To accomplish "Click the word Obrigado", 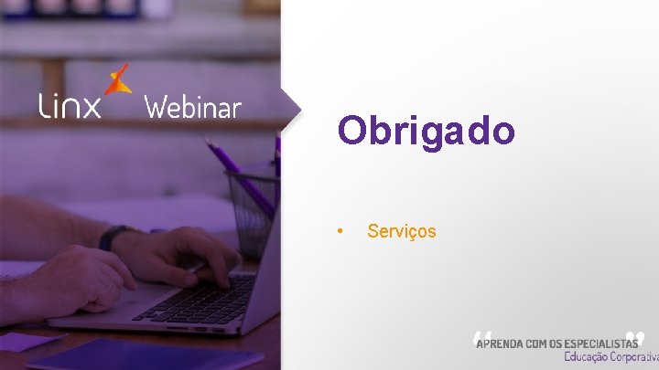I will click(426, 131).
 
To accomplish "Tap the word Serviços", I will click(402, 231).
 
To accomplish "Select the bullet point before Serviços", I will click(340, 231).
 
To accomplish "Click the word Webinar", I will click(192, 108).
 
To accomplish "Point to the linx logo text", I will click(70, 107).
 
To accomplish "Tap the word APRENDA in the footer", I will click(501, 343).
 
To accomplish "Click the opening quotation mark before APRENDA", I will click(483, 338).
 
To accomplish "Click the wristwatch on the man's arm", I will click(109, 238).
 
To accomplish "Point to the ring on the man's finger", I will click(110, 286).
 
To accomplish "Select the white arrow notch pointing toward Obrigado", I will click(291, 109).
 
